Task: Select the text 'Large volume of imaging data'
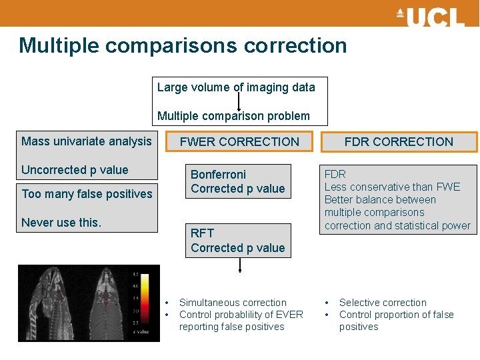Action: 236,87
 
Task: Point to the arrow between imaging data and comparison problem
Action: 239,101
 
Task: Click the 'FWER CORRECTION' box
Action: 239,141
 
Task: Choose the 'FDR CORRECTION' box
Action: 399,141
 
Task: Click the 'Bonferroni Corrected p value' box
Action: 239,181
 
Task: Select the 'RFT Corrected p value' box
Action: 239,241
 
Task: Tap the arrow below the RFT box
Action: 239,265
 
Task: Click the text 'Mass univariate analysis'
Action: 87,141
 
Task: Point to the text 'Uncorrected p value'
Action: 75,170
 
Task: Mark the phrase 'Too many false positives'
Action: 87,194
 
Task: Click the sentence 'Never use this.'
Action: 61,223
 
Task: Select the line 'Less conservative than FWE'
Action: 392,187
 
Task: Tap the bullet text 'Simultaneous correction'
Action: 233,303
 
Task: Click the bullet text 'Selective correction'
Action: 383,303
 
